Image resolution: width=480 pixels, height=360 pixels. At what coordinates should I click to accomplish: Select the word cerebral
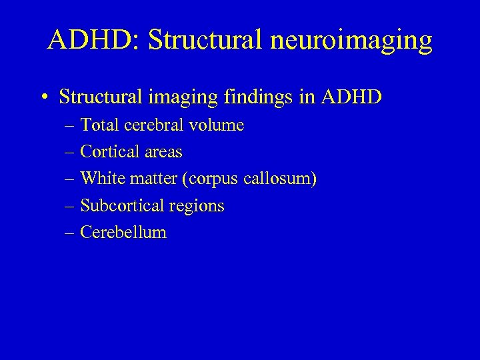[x=154, y=125]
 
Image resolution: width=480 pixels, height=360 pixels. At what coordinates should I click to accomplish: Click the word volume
[x=218, y=125]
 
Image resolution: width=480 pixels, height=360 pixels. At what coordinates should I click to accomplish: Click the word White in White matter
[x=101, y=179]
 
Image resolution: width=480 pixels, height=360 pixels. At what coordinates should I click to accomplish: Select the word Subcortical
[x=121, y=206]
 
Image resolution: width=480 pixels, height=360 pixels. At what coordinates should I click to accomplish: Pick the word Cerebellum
[x=123, y=233]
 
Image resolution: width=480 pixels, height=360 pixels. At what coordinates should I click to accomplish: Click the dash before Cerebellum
[x=71, y=233]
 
